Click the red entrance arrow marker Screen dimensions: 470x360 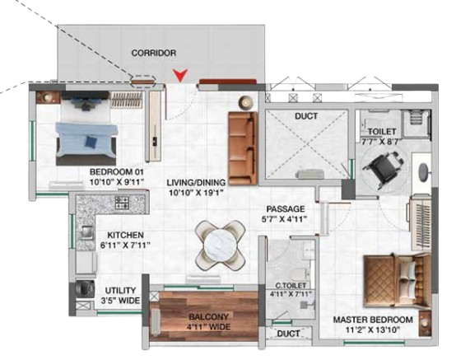pyautogui.click(x=180, y=75)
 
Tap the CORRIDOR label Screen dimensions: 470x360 pyautogui.click(x=154, y=53)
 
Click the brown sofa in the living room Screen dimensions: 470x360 pyautogui.click(x=243, y=148)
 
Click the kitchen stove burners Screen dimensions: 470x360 pyautogui.click(x=123, y=203)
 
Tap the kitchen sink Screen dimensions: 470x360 pyautogui.click(x=86, y=231)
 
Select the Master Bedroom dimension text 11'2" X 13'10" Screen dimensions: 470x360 pyautogui.click(x=373, y=330)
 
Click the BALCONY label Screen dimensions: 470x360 pyautogui.click(x=208, y=317)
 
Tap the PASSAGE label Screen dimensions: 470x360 pyautogui.click(x=286, y=208)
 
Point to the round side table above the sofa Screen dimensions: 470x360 pyautogui.click(x=246, y=103)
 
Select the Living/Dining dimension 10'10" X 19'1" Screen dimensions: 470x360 pyautogui.click(x=197, y=192)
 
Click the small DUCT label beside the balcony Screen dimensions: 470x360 pyautogui.click(x=288, y=334)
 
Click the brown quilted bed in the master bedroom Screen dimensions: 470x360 pyautogui.click(x=398, y=280)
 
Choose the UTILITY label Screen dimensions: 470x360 pyautogui.click(x=120, y=291)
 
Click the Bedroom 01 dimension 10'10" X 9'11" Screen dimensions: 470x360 pyautogui.click(x=117, y=182)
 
